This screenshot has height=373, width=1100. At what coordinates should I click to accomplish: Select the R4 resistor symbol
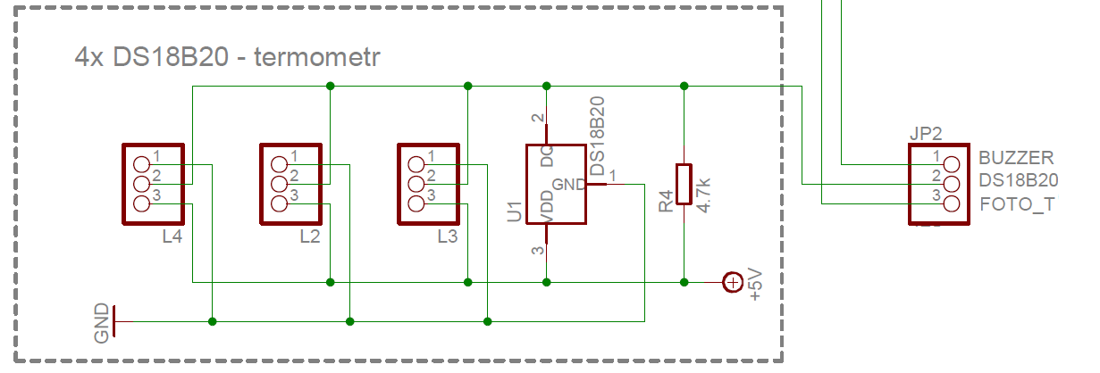684,184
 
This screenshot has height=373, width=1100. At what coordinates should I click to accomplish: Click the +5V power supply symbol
733,283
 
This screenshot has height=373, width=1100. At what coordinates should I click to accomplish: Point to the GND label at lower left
102,322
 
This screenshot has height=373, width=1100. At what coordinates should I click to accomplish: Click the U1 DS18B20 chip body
556,184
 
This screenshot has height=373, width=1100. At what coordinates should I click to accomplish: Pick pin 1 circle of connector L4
141,164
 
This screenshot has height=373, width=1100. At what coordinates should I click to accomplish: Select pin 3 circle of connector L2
279,203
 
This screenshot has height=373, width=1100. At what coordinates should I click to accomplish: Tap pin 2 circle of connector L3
416,184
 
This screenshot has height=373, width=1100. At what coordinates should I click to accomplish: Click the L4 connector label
173,236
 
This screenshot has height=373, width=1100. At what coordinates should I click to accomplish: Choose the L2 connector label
310,236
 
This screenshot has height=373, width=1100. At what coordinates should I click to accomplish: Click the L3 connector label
448,236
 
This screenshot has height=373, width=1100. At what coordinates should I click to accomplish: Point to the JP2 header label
926,134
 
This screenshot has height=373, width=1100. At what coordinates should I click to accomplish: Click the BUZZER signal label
1016,158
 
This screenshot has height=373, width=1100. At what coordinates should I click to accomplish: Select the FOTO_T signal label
1017,204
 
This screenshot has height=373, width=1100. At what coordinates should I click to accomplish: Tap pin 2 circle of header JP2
950,184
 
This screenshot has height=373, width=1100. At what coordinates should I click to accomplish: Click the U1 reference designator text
515,211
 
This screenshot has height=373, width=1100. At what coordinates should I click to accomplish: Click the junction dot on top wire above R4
684,86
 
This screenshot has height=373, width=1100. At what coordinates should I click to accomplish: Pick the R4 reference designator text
666,202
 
